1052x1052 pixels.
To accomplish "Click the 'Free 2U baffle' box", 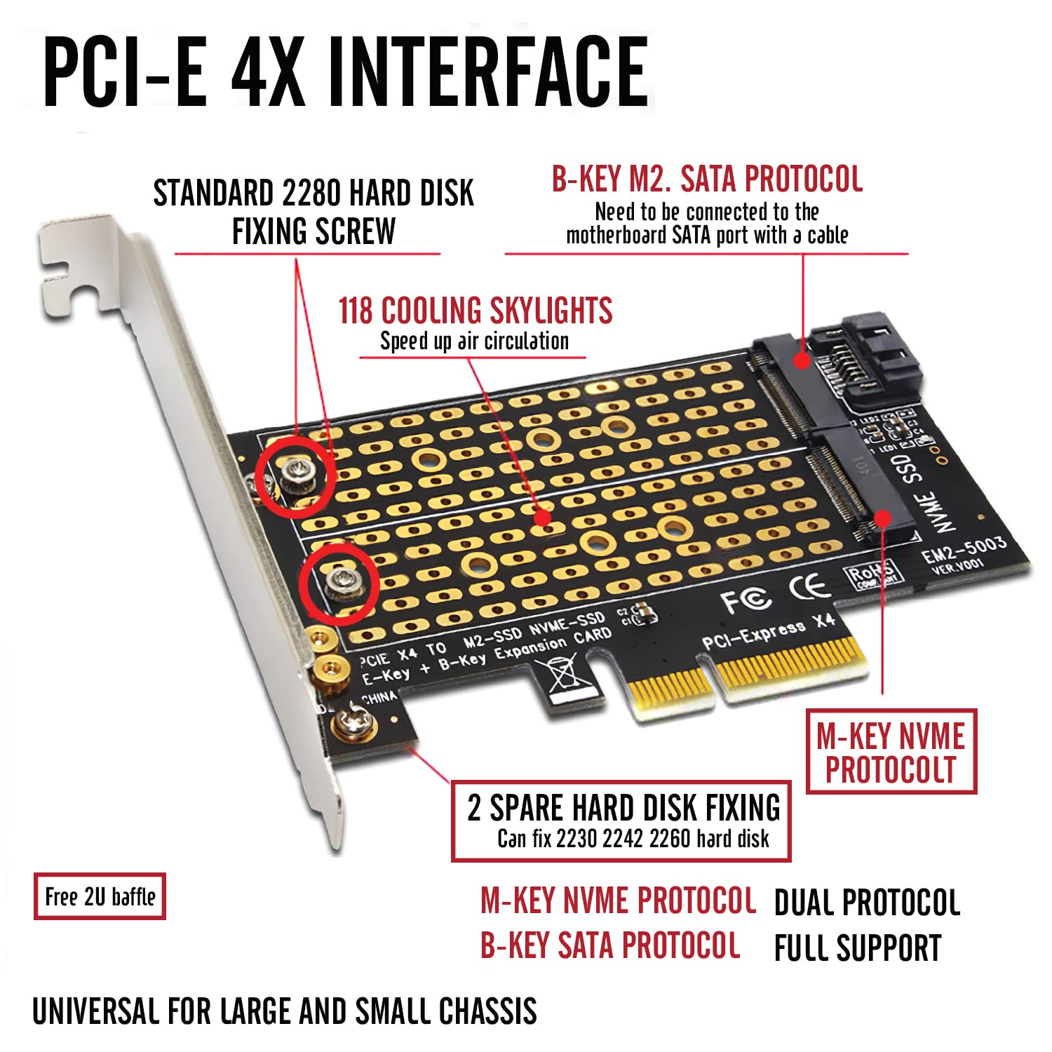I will click(100, 896).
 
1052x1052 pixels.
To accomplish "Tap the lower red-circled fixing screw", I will click(340, 582).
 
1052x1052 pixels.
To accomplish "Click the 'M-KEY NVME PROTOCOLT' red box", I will click(891, 752).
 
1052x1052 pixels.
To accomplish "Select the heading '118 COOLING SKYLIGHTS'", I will click(476, 311).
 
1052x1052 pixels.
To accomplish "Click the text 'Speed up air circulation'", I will click(474, 342).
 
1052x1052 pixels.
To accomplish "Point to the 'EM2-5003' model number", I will click(964, 549).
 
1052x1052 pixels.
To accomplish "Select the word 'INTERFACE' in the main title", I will click(488, 72).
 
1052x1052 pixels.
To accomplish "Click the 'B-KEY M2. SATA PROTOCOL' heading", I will click(707, 180).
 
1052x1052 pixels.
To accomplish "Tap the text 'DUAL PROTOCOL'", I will click(867, 903).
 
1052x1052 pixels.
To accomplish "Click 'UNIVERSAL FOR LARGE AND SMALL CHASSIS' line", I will click(285, 1011).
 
